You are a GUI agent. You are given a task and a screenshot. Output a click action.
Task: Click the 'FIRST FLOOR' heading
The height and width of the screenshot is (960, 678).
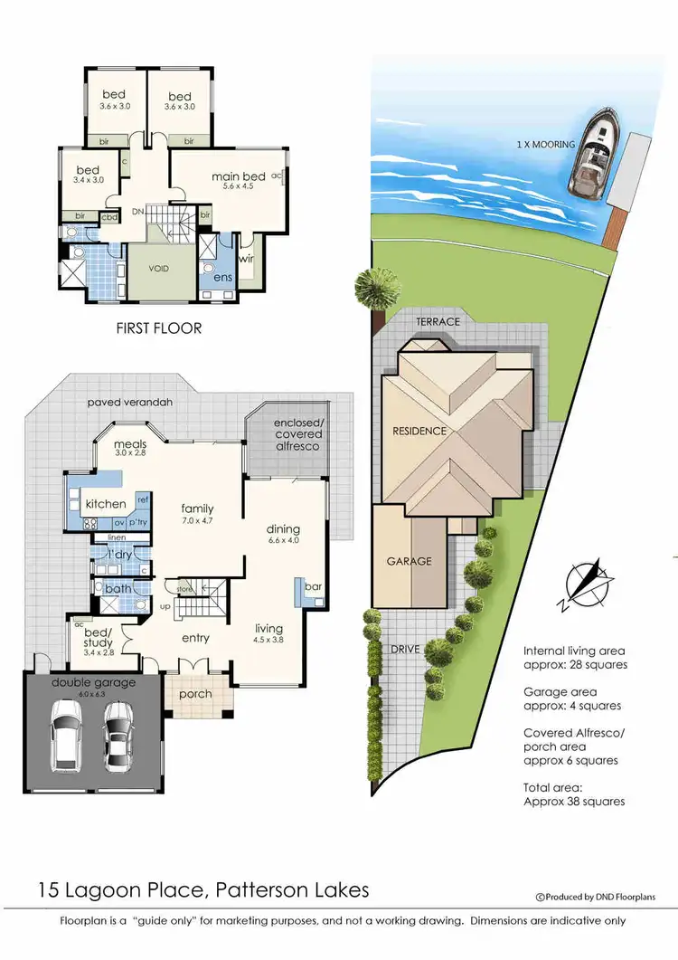click(158, 328)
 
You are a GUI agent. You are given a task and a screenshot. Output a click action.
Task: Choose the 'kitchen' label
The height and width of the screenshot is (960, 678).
click(105, 503)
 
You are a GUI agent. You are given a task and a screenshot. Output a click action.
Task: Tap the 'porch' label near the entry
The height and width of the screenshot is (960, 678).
click(195, 694)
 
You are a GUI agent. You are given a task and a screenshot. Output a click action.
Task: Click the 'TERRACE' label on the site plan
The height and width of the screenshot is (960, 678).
click(438, 321)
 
